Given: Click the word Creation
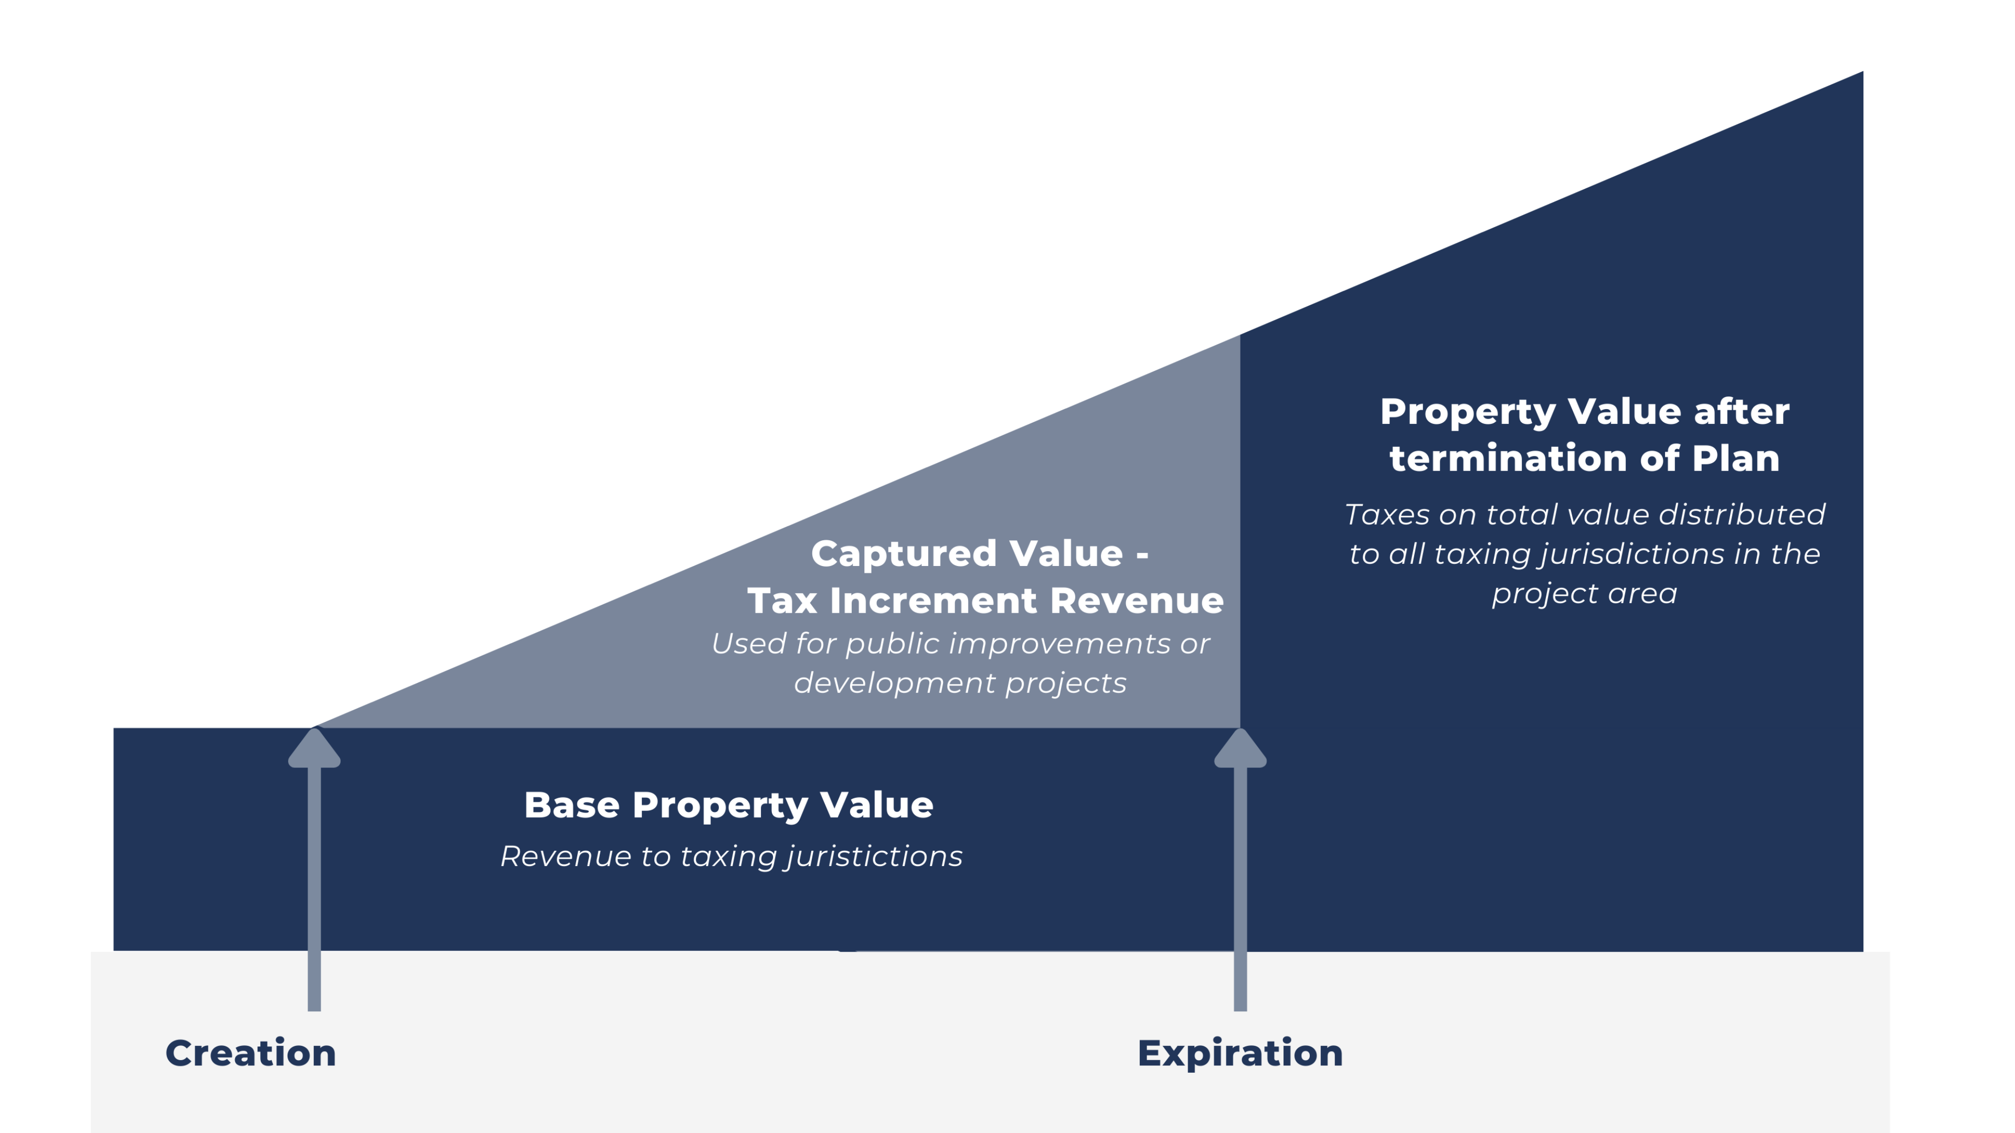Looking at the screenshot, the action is (x=250, y=1053).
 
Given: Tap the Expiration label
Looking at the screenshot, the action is (x=1240, y=1053).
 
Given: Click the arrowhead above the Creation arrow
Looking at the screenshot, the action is (x=314, y=747).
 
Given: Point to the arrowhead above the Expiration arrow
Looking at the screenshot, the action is (x=1240, y=747).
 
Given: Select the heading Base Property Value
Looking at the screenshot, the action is (x=728, y=805).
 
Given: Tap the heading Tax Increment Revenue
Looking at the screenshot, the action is (x=985, y=601).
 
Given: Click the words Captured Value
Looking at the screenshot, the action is (x=967, y=553).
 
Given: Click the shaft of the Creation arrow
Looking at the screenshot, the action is (x=314, y=889).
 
